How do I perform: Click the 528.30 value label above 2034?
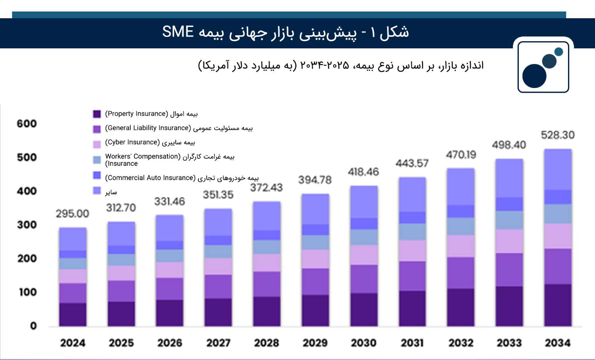coord(558,135)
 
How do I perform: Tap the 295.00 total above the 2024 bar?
coord(73,214)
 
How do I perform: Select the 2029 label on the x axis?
coord(315,343)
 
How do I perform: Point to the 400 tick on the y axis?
coord(27,191)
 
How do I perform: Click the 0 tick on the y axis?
coord(33,326)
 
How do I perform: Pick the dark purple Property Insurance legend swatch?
coord(97,114)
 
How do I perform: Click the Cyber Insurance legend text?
coord(150,142)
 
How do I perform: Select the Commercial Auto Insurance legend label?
coord(182,178)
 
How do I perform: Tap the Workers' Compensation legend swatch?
coord(97,159)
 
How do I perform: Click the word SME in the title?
coord(178,32)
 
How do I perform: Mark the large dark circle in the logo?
coord(534,76)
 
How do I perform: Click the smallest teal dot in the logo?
coord(559,52)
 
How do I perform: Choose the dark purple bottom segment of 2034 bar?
coord(558,305)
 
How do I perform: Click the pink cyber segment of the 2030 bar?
coord(364,255)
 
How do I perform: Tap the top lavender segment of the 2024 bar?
coord(73,239)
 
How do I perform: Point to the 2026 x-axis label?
coord(170,343)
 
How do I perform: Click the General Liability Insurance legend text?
coord(179,128)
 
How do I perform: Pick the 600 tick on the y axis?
coord(27,124)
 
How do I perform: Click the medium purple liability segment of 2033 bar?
coord(509,270)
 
